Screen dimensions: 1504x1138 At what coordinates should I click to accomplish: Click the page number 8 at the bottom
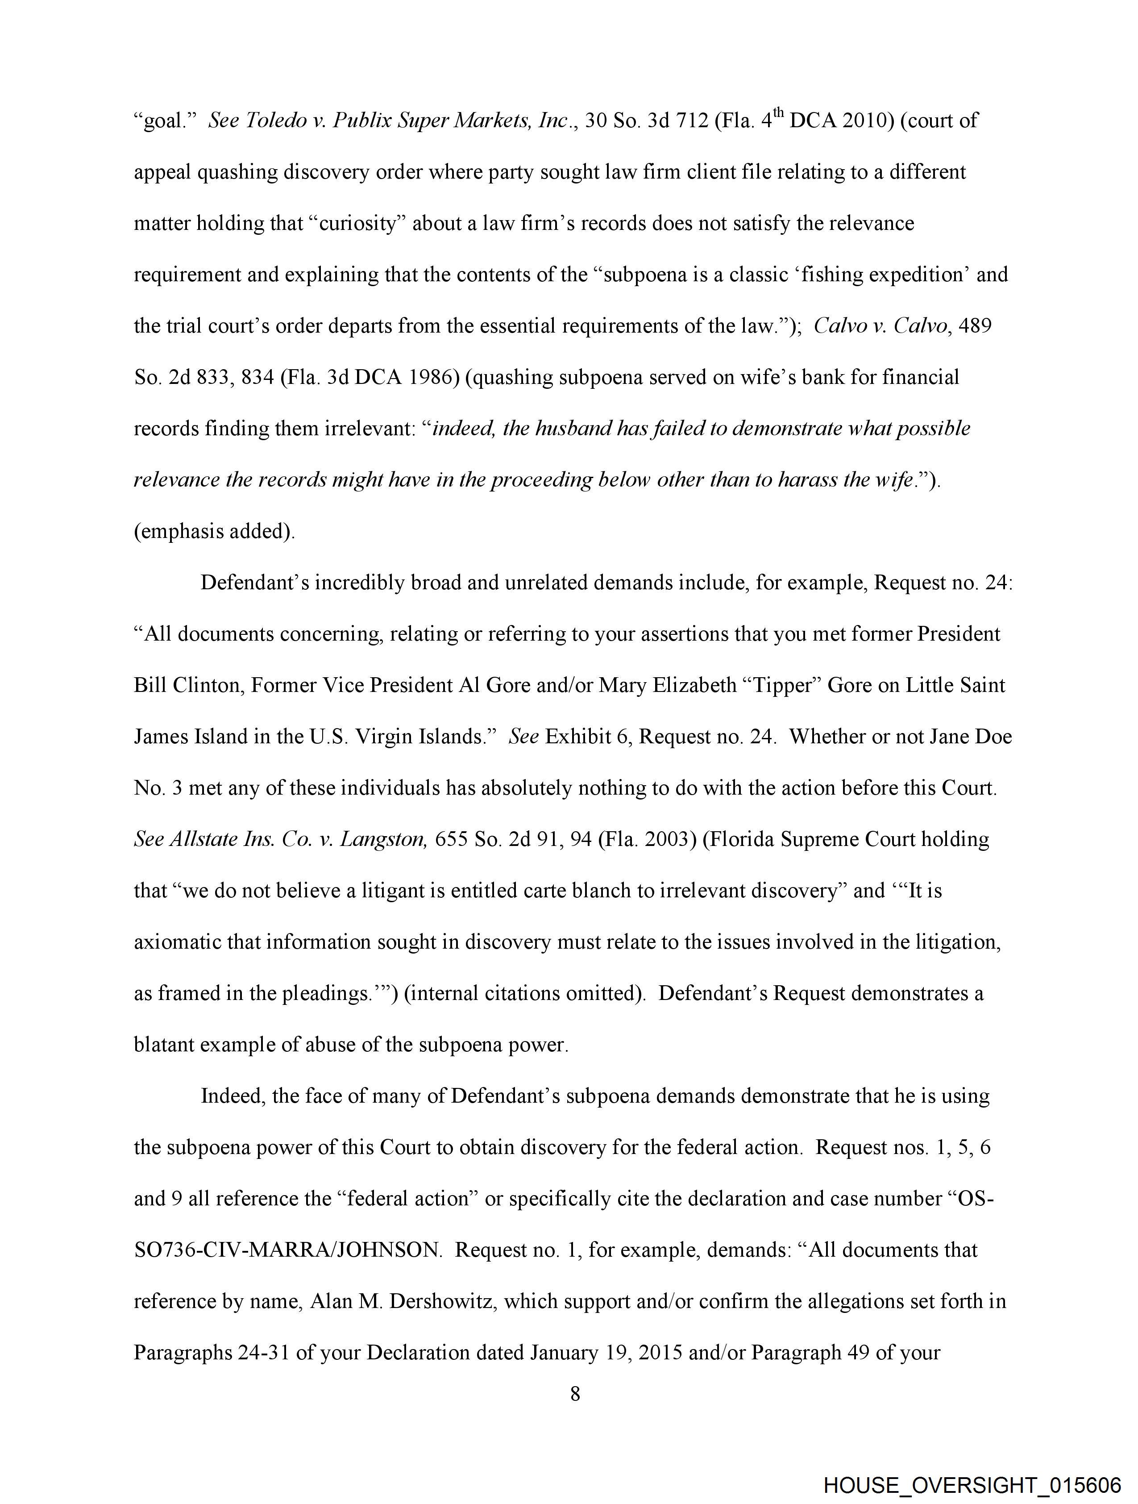[575, 1395]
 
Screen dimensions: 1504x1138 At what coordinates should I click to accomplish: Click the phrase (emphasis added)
[214, 531]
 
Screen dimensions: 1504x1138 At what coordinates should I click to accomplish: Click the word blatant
[165, 1044]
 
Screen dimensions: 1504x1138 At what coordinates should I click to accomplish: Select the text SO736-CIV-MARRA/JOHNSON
[287, 1250]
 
